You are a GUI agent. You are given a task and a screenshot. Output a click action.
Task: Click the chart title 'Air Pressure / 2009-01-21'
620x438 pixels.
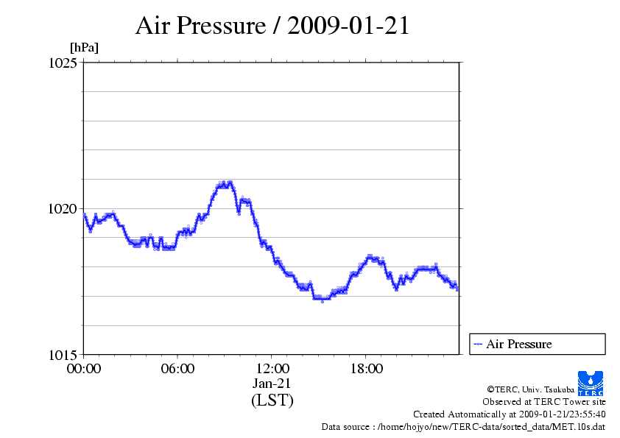coord(272,26)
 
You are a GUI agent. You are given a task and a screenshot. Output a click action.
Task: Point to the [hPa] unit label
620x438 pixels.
coord(84,48)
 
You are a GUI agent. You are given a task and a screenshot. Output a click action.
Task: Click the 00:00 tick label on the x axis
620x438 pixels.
coord(84,368)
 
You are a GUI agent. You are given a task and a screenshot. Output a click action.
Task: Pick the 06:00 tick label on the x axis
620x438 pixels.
coord(178,368)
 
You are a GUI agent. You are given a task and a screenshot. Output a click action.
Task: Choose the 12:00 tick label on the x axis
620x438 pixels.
coord(272,368)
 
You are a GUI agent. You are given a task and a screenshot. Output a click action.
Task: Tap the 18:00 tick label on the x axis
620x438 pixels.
coord(366,368)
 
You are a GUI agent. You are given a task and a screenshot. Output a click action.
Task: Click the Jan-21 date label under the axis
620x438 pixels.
coord(272,384)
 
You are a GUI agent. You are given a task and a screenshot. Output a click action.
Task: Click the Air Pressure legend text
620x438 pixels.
coord(518,344)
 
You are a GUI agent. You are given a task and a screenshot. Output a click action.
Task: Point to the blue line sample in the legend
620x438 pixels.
coord(478,344)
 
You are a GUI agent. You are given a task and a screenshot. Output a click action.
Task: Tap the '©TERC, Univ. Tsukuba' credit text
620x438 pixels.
coord(530,389)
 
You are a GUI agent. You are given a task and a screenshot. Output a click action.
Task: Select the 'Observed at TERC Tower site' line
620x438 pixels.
coord(544,402)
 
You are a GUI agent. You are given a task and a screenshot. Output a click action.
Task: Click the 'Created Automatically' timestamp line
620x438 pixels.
coord(509,414)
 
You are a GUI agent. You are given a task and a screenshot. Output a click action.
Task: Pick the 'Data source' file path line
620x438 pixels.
coord(463,426)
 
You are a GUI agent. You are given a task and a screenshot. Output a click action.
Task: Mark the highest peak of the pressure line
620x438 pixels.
coord(225,183)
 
